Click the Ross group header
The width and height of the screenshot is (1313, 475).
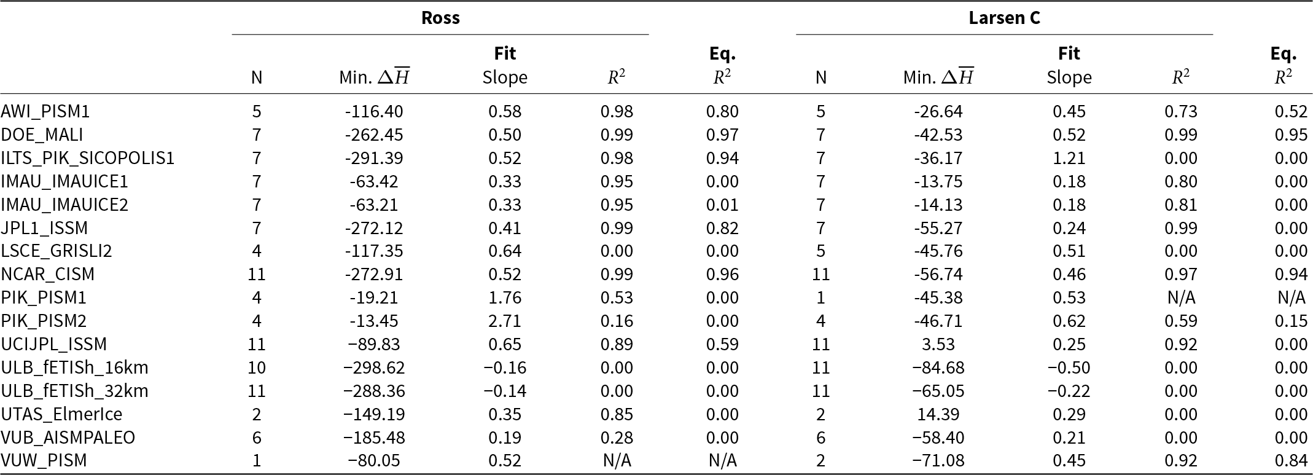(440, 18)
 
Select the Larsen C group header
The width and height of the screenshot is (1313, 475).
(1004, 18)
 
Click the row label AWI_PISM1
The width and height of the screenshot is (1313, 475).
(45, 111)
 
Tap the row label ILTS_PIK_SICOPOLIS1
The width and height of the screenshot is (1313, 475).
(88, 158)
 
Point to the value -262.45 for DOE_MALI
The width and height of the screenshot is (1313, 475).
(374, 135)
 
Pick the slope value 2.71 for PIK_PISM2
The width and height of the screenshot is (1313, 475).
(505, 321)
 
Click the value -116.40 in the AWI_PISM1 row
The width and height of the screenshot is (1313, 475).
(374, 111)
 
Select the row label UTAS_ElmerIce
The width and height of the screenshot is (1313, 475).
(61, 414)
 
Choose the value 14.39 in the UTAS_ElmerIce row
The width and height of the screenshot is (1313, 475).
(938, 414)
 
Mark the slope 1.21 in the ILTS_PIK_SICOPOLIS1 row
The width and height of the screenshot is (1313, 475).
(1069, 158)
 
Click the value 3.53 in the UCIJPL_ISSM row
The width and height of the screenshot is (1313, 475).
(938, 344)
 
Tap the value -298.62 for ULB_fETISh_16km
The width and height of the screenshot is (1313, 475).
(374, 367)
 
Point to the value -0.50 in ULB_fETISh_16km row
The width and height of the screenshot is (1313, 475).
(1069, 367)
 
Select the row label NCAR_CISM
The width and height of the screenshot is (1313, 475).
(48, 274)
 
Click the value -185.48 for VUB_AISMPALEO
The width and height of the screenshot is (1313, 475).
(374, 438)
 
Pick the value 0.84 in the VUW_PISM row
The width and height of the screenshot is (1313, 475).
(1290, 460)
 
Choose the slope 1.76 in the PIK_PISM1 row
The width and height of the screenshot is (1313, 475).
(505, 297)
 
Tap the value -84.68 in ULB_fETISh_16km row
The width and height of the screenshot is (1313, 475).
(938, 367)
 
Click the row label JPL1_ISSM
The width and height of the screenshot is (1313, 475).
(44, 228)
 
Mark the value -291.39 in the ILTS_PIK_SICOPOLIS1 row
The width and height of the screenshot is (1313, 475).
(374, 158)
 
